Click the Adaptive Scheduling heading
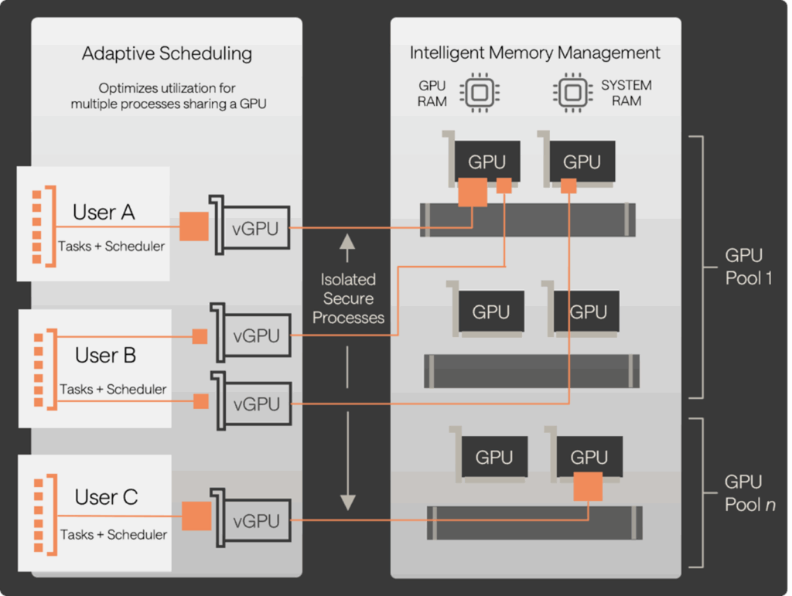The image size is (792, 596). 166,54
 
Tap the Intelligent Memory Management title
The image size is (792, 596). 534,53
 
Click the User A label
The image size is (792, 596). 104,213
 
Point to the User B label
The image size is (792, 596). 106,356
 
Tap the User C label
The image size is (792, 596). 106,497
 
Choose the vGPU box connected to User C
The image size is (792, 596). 254,521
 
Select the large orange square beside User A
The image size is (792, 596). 194,226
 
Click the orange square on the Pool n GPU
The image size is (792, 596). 589,487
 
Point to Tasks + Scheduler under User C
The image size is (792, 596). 114,534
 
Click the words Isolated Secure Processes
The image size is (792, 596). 348,298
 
